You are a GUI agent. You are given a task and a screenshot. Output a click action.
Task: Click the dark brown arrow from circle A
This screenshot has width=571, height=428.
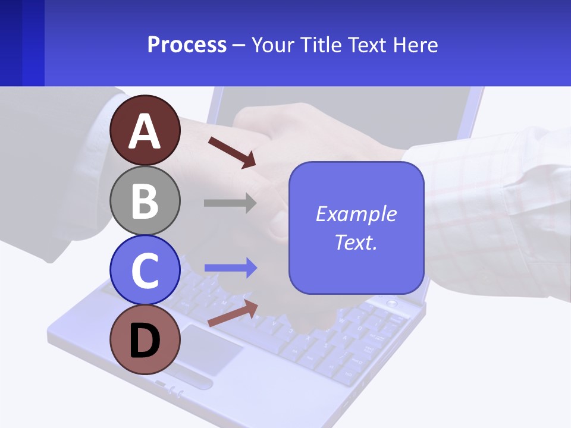[x=232, y=152]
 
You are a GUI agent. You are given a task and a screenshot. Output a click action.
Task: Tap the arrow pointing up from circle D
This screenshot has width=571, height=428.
[x=233, y=313]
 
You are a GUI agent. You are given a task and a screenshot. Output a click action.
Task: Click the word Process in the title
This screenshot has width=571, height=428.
[x=187, y=45]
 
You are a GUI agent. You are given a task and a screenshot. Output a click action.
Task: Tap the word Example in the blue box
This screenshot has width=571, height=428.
[x=356, y=214]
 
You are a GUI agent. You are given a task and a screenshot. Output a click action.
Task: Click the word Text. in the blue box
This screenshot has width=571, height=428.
[x=356, y=242]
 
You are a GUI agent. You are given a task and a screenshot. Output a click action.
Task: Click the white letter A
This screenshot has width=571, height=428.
[x=145, y=131]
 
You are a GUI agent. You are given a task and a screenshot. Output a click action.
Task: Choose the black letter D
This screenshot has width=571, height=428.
[x=145, y=341]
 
